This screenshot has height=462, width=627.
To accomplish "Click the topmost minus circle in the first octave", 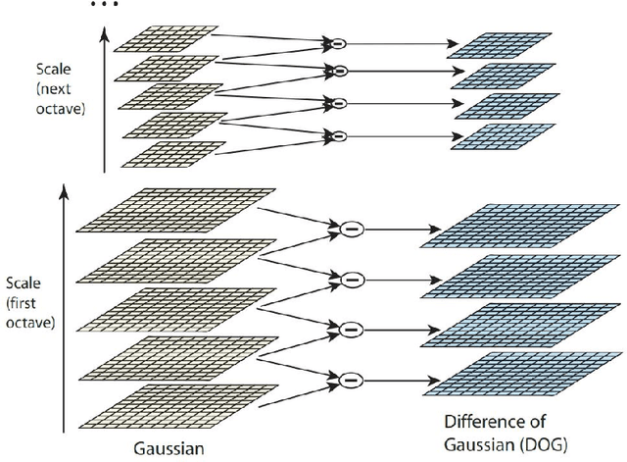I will click(x=351, y=232).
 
